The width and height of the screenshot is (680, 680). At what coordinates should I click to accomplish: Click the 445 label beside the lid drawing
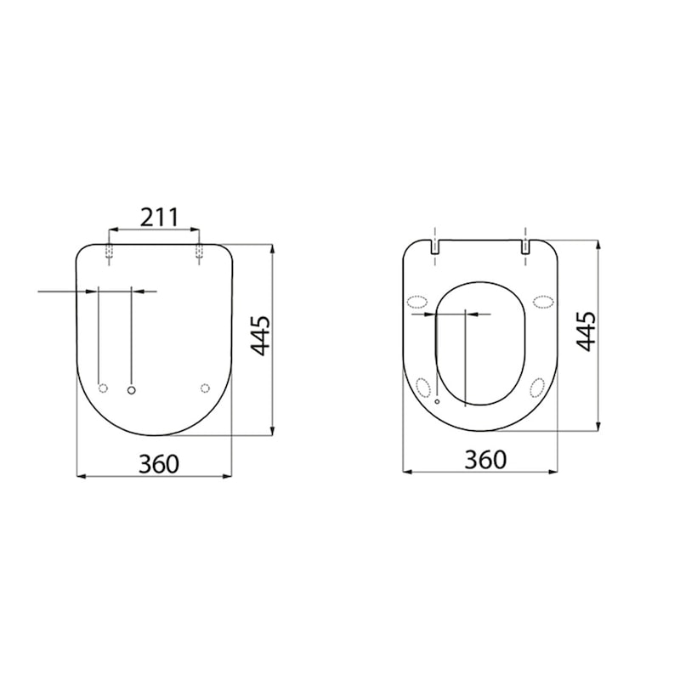(x=262, y=336)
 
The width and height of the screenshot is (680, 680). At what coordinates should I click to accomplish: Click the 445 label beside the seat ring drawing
(x=586, y=331)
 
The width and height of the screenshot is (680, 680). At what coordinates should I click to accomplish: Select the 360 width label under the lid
(x=158, y=463)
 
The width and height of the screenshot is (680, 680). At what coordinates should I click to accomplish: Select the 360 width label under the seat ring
(x=485, y=459)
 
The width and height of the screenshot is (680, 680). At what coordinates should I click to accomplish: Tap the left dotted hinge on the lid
(x=109, y=252)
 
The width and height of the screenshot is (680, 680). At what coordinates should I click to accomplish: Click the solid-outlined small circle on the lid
(x=132, y=388)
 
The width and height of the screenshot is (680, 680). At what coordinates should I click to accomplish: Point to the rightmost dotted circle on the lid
(x=204, y=388)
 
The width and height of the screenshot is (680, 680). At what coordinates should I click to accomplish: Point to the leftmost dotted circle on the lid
(x=104, y=388)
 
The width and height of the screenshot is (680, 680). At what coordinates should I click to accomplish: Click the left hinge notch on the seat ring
(x=434, y=247)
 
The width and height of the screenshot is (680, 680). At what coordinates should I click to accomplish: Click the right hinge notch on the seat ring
(x=525, y=247)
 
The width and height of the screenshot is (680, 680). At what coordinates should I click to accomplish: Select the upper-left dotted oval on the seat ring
(x=417, y=300)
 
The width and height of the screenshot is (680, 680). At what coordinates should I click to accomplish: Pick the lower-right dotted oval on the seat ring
(x=537, y=388)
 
